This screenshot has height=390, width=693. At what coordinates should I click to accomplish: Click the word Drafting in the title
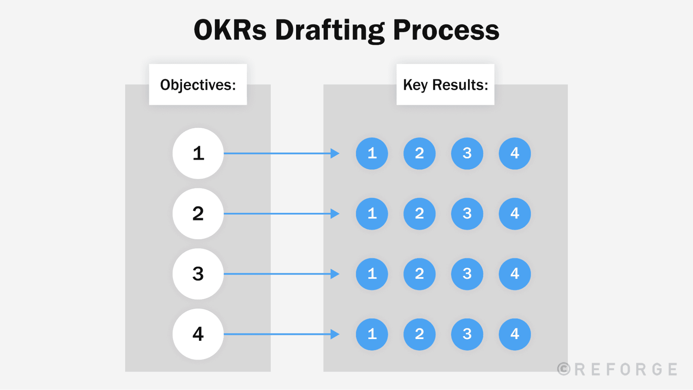tap(330, 31)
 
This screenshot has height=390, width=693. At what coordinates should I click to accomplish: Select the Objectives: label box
tap(198, 85)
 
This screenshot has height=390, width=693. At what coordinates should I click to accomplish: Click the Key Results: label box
tap(445, 85)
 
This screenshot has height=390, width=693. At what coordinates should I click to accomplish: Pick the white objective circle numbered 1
tap(198, 153)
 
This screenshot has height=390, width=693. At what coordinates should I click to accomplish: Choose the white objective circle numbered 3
tap(198, 274)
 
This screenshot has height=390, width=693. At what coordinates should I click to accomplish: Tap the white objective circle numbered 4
tap(198, 334)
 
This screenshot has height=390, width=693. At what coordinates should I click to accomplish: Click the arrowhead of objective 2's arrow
tap(335, 214)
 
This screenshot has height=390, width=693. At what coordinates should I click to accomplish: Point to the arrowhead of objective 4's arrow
tap(335, 334)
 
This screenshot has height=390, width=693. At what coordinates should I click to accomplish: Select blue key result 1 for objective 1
tap(372, 153)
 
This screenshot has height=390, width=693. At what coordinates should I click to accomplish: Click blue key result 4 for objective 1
tap(514, 153)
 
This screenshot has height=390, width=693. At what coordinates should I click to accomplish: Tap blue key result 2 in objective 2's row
tap(419, 214)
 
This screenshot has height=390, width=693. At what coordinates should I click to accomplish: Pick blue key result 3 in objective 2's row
tap(467, 214)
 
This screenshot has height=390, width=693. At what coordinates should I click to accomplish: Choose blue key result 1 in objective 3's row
tap(372, 274)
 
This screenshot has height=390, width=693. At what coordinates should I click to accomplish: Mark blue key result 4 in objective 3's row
tap(514, 274)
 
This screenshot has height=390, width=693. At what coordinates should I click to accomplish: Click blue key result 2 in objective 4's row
tap(419, 334)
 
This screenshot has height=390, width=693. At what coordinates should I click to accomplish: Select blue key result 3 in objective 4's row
tap(467, 334)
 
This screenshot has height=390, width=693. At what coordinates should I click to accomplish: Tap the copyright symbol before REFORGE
tap(564, 369)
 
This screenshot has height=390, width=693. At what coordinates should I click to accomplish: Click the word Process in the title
tap(446, 31)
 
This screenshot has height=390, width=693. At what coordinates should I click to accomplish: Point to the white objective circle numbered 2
tap(198, 214)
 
